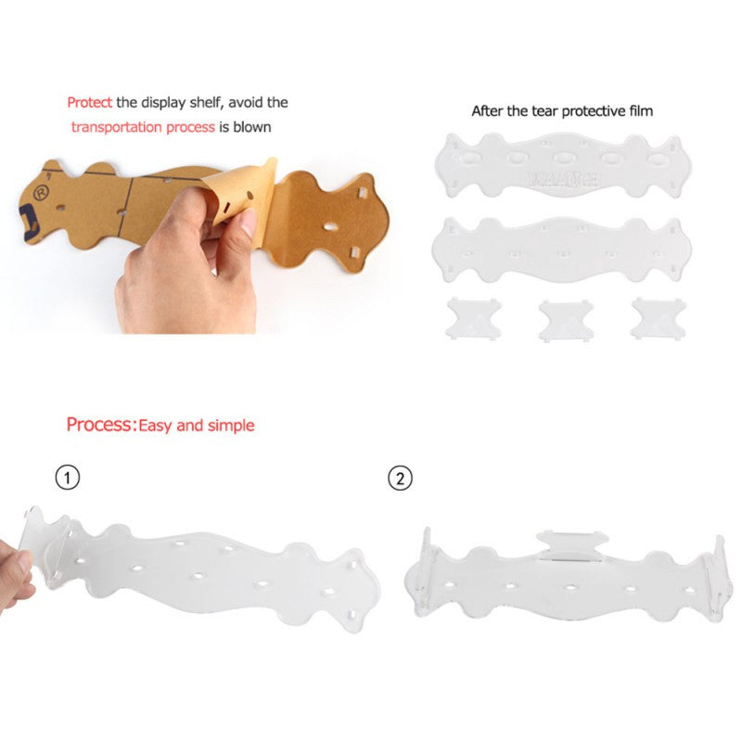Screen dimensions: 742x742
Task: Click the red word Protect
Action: [89, 102]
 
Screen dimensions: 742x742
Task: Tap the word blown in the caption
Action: [252, 127]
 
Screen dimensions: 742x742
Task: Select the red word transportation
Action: [117, 127]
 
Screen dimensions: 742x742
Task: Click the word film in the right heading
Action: [641, 111]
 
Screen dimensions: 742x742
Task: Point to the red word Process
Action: [98, 425]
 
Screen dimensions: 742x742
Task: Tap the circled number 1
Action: [68, 478]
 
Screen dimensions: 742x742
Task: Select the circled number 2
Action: [401, 478]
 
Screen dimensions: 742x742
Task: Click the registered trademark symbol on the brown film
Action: [42, 193]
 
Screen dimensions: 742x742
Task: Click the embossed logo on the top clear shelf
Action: [563, 180]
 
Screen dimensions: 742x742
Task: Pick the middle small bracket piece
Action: [566, 320]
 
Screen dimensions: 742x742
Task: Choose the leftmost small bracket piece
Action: [473, 318]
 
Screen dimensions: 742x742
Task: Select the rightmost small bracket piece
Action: [659, 318]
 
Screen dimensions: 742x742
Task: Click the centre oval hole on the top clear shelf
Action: [564, 158]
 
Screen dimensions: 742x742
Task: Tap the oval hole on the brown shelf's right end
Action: [331, 227]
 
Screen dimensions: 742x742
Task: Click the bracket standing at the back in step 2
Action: [571, 545]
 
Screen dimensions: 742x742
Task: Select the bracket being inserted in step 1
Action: [46, 544]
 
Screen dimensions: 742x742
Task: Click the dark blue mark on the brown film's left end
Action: [29, 220]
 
